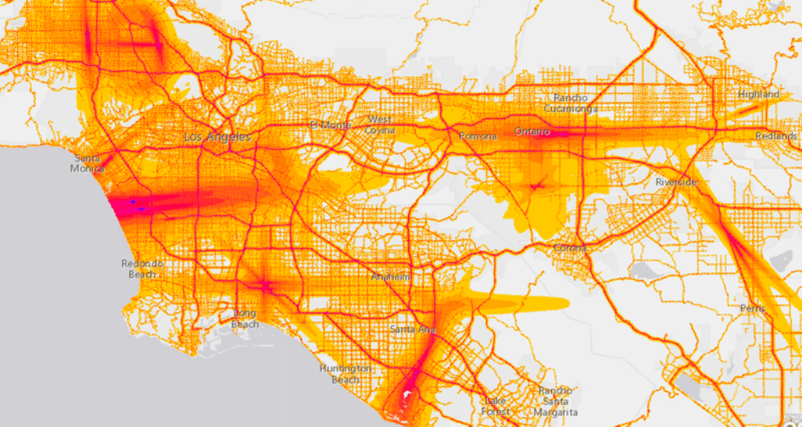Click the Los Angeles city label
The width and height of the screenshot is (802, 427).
click(217, 137)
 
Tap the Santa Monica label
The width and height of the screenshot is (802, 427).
click(87, 163)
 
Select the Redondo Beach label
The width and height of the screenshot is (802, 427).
click(142, 269)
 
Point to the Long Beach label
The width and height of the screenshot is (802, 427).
click(245, 319)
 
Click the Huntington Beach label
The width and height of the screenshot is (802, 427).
click(345, 374)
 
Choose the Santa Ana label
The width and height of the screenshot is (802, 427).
click(412, 329)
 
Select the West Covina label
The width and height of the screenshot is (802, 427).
click(381, 125)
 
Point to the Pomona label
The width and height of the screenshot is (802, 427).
click(477, 136)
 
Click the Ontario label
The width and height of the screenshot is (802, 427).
click(533, 132)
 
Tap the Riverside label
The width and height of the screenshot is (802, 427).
click(677, 182)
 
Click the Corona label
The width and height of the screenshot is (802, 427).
click(569, 248)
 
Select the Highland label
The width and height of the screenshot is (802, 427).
click(758, 94)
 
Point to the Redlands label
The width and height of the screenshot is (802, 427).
click(776, 136)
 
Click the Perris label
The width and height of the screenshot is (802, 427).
click(753, 309)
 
